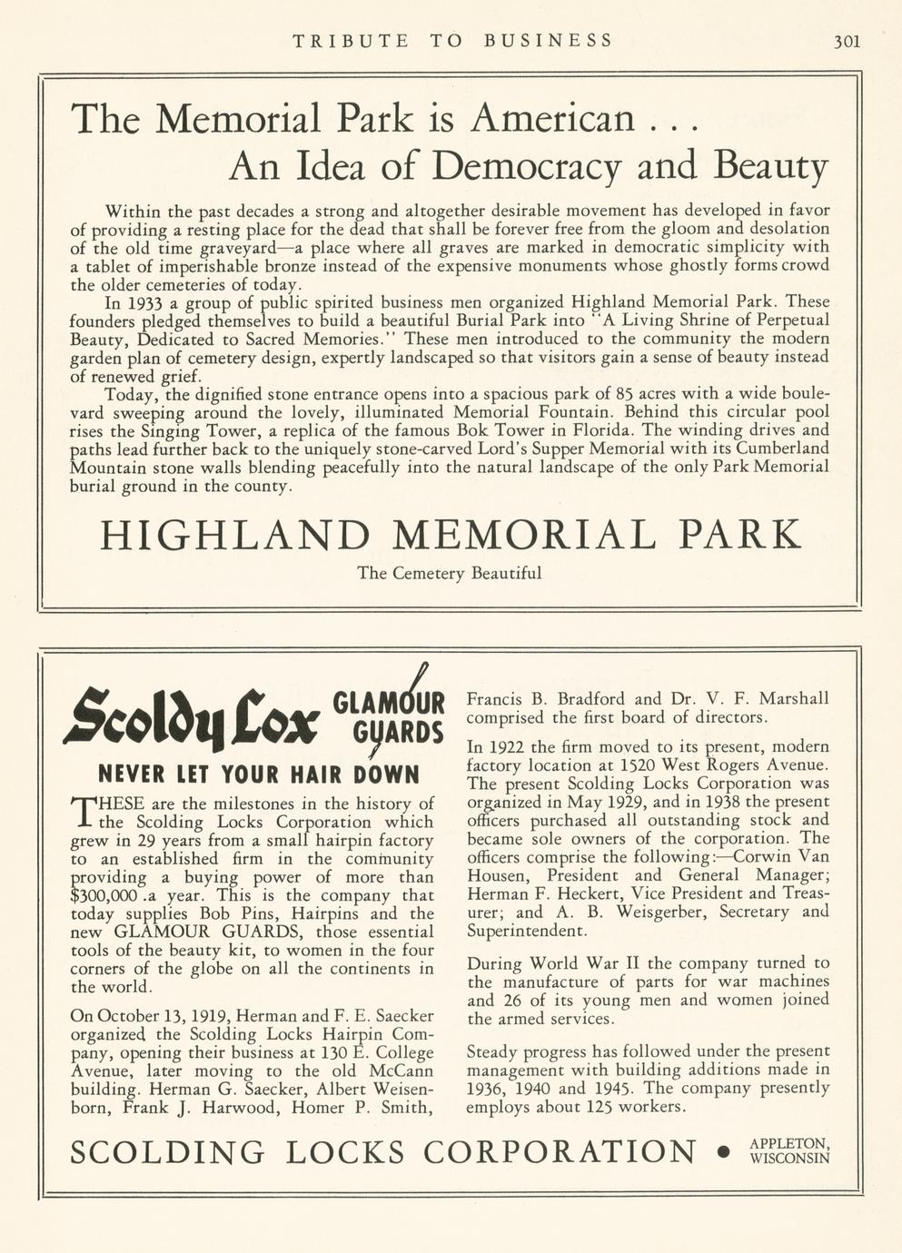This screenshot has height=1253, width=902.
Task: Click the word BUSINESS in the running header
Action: (x=548, y=40)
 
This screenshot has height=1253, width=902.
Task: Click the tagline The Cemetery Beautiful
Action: (x=450, y=573)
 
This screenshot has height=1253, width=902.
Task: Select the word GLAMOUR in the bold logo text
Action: (x=390, y=703)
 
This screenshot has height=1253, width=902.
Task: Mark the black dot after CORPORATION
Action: (x=723, y=1151)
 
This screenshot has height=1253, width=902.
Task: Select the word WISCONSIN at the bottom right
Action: (x=788, y=1158)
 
